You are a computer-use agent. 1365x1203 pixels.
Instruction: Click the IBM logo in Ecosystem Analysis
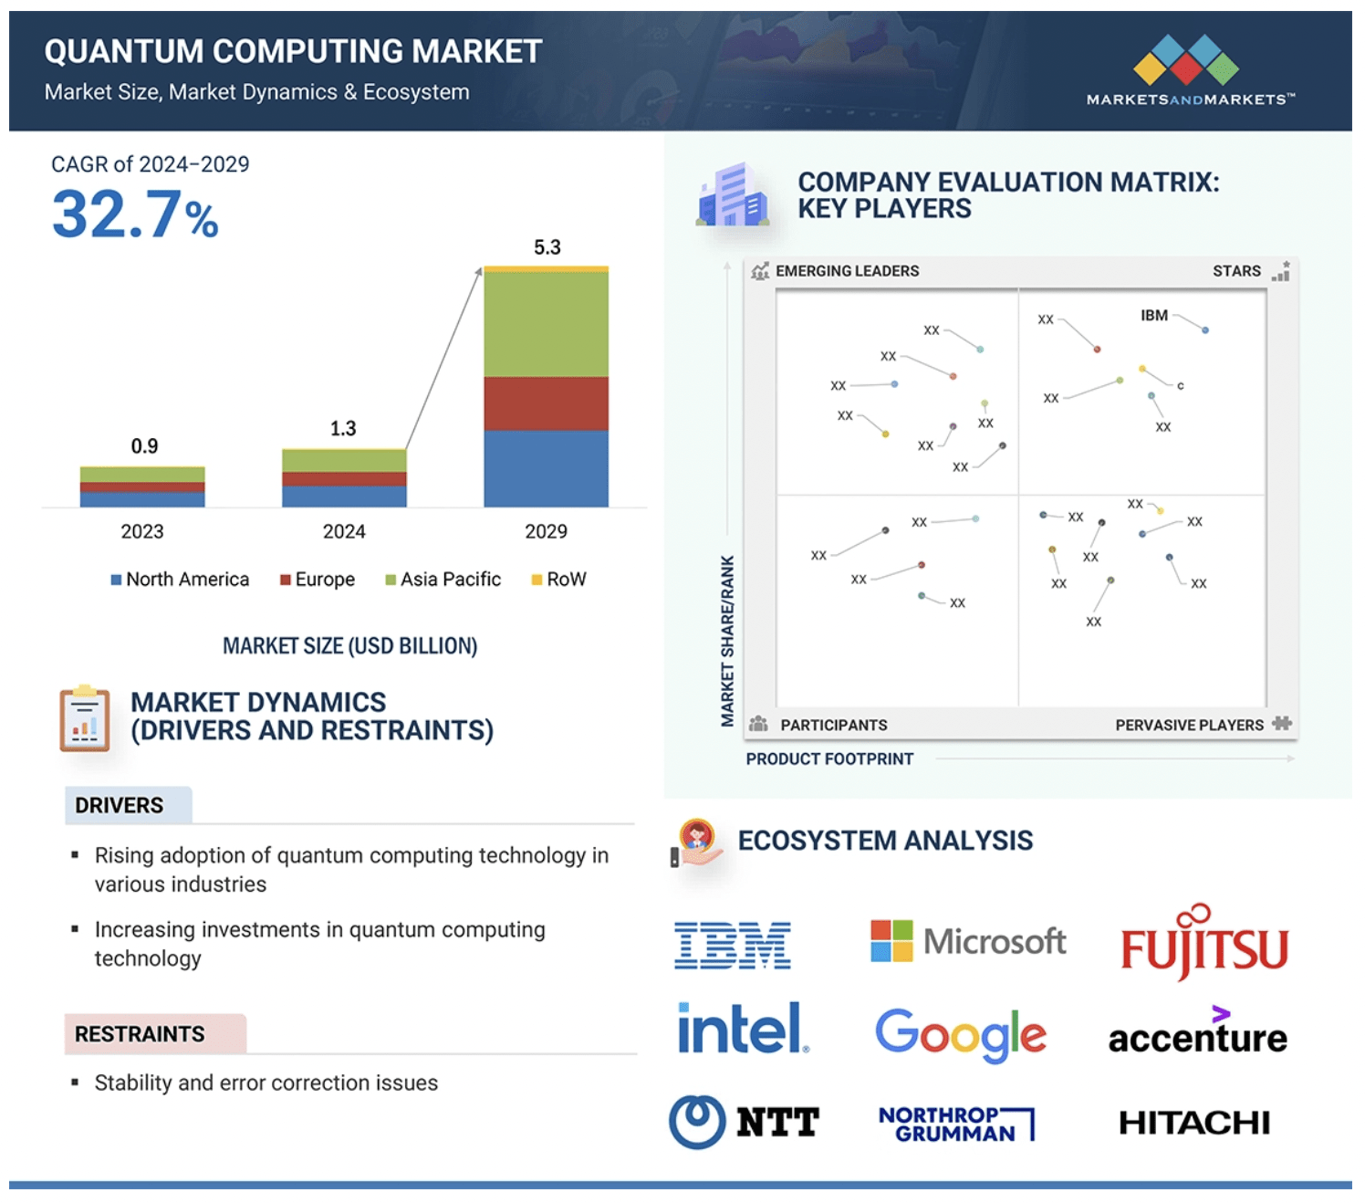click(732, 945)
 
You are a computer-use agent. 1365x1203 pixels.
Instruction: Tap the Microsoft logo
click(967, 941)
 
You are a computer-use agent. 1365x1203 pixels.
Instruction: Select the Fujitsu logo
click(1203, 946)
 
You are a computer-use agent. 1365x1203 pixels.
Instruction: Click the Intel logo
click(742, 1029)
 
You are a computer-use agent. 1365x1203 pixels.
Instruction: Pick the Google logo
click(960, 1034)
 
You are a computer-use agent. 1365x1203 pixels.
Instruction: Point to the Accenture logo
click(1197, 1035)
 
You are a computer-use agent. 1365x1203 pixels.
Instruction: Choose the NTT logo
click(744, 1122)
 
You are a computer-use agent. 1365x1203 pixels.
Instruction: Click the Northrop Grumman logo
click(955, 1124)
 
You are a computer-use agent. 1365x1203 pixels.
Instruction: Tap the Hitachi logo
click(1193, 1123)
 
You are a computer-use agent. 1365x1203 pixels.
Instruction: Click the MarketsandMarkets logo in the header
click(1189, 71)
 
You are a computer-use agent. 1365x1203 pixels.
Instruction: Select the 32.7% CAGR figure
click(135, 215)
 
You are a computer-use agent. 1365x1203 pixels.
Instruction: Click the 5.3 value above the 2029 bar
click(547, 247)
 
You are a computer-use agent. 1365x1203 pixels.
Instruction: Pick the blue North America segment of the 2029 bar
click(546, 468)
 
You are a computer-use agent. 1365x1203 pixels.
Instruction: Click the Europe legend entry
click(317, 580)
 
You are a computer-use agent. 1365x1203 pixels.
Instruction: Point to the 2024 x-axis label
click(344, 531)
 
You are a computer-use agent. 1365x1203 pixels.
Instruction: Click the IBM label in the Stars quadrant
click(1153, 315)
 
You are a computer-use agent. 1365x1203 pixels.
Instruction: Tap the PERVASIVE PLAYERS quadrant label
click(1189, 725)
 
